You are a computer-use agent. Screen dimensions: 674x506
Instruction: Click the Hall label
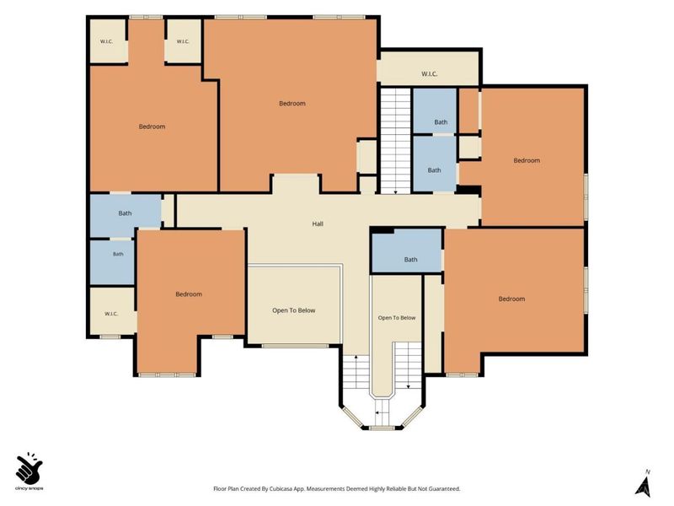(318, 223)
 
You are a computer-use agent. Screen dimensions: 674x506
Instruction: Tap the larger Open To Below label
(293, 310)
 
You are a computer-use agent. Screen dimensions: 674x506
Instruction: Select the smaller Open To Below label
(397, 318)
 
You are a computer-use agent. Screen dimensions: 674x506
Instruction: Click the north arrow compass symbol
(644, 483)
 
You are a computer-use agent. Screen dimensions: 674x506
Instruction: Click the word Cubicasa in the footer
(282, 489)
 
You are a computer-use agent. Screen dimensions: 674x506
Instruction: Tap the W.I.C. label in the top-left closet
(106, 41)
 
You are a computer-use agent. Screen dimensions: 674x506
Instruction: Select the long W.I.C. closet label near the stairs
(430, 74)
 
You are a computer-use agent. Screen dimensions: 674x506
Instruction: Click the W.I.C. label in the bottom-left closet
(111, 314)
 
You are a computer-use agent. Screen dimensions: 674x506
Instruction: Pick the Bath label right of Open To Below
(410, 260)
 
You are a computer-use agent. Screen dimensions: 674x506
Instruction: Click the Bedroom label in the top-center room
(292, 103)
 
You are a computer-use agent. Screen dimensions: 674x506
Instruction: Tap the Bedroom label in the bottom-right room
(511, 299)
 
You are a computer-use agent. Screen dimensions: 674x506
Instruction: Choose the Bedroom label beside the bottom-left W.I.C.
(189, 294)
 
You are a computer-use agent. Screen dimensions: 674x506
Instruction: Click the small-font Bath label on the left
(118, 255)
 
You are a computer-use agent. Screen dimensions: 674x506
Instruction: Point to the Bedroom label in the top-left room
(152, 126)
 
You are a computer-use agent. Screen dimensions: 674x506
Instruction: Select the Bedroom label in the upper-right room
(527, 160)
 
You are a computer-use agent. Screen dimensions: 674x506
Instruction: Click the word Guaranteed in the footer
(445, 489)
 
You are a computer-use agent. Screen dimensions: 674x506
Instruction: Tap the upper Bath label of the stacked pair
(441, 122)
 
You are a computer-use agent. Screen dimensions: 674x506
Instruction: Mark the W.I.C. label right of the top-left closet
(183, 41)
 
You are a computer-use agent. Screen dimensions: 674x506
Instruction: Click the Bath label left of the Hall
(125, 213)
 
